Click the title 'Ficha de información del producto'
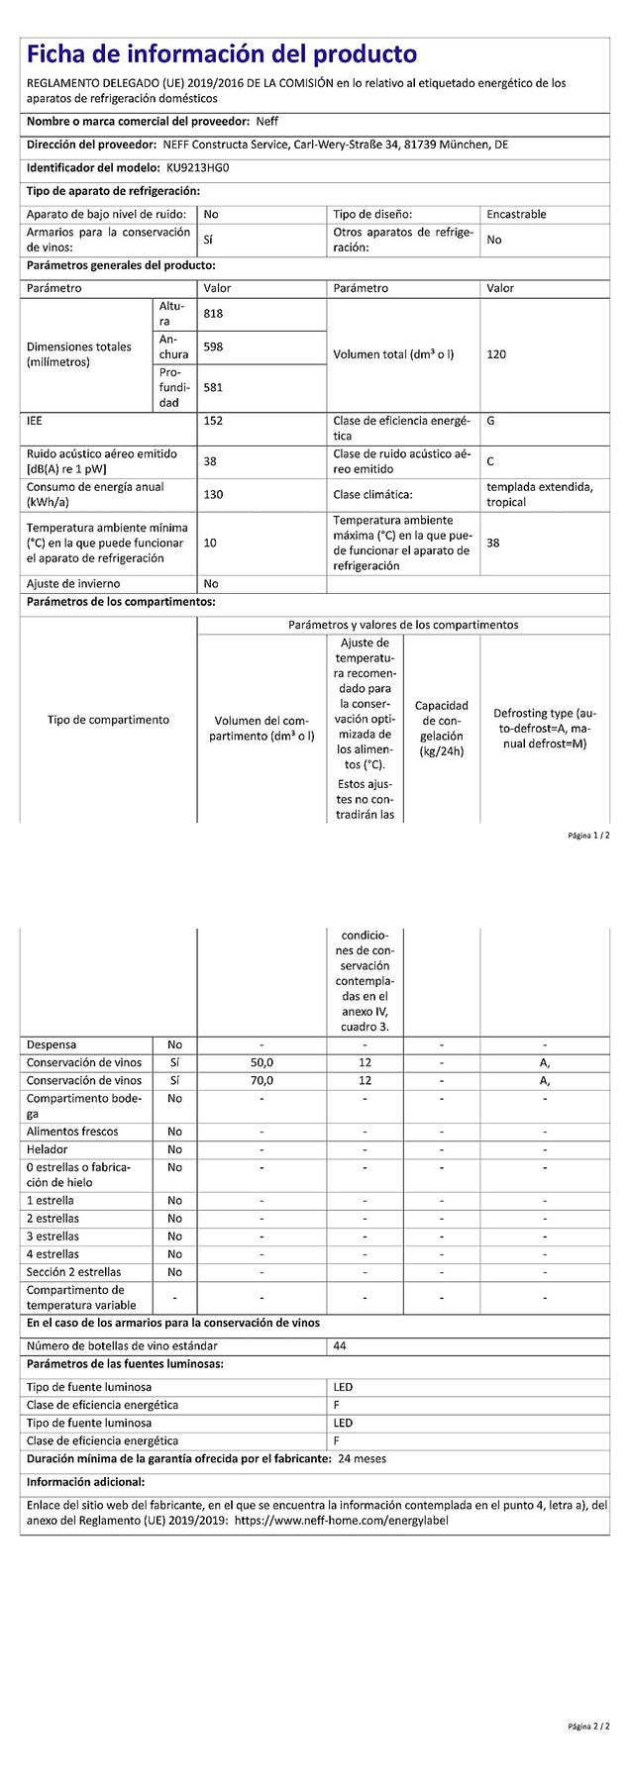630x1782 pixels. [222, 54]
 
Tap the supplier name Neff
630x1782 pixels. [266, 121]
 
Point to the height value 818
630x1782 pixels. [213, 314]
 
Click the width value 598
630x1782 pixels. [213, 347]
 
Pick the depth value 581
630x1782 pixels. [213, 388]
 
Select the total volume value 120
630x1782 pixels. [496, 354]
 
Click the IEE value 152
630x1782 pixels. [213, 421]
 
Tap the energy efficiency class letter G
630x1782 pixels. [491, 421]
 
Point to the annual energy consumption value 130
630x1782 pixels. [213, 495]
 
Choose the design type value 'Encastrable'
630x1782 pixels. [516, 214]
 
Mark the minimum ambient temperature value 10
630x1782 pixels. [210, 543]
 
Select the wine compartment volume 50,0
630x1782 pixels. [261, 1062]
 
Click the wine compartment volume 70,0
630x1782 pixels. [261, 1081]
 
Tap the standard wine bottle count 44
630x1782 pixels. [341, 1345]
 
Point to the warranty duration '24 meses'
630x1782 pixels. [363, 1458]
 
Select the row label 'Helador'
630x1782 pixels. [48, 1149]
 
